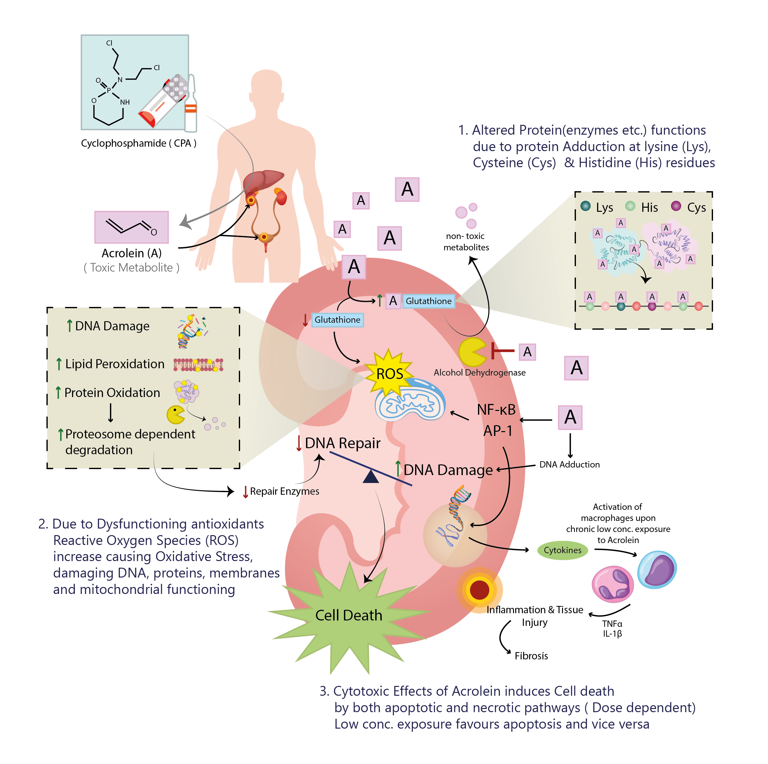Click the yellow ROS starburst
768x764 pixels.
[x=389, y=373]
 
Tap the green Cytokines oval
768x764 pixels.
[x=562, y=550]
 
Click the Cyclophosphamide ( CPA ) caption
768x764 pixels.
[x=138, y=143]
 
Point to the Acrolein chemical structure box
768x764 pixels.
[x=131, y=227]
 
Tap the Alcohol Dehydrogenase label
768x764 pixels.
[x=479, y=373]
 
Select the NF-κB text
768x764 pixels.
[x=496, y=410]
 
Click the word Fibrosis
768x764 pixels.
[x=531, y=656]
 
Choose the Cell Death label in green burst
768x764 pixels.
[x=349, y=615]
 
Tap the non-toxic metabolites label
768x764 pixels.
[x=466, y=242]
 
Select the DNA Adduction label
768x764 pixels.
[x=569, y=465]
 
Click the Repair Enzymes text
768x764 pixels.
[x=284, y=491]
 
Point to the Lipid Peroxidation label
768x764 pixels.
[x=114, y=364]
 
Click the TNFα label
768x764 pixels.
[x=612, y=624]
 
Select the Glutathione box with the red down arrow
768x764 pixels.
[x=337, y=320]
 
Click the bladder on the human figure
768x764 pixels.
[x=265, y=238]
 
